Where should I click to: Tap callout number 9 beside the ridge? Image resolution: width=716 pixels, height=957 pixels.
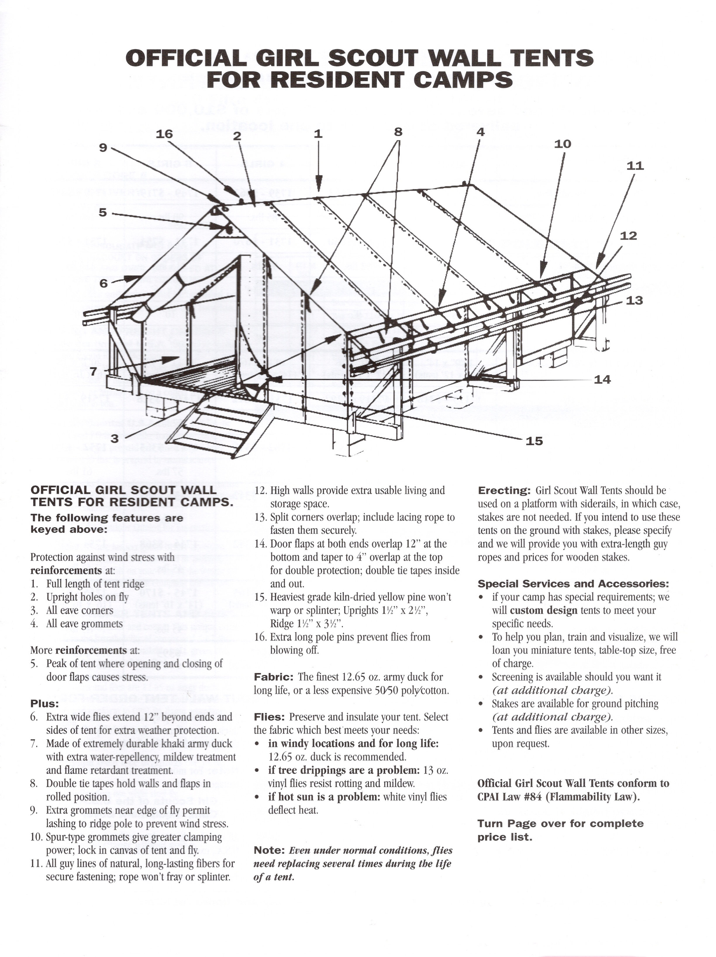(103, 148)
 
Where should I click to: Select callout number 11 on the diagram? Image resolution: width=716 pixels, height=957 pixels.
(635, 166)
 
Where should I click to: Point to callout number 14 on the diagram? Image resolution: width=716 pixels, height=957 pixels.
(602, 379)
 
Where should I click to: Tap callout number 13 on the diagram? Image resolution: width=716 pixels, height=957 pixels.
(634, 300)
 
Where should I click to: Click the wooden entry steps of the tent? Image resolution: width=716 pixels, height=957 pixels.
(216, 428)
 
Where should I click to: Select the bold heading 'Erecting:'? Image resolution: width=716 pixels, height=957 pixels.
(503, 490)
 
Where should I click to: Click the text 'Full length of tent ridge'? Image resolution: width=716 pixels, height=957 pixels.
(95, 584)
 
